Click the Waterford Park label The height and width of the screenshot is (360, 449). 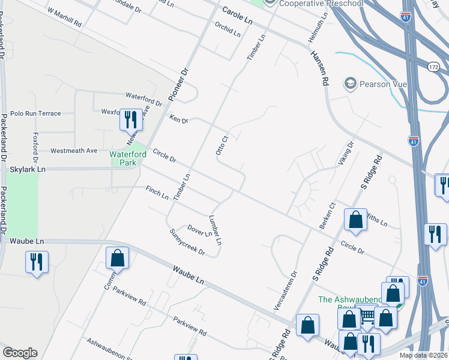[x=128, y=158]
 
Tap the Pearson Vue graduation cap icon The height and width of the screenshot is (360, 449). [x=350, y=83]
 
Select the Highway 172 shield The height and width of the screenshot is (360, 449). [x=434, y=67]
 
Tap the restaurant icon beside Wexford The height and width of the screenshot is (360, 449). [x=130, y=120]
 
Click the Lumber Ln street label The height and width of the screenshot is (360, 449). [x=215, y=230]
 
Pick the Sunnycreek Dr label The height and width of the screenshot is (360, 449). [x=187, y=242]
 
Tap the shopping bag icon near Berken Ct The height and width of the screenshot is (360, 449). [x=355, y=220]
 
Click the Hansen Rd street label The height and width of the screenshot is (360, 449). [x=319, y=67]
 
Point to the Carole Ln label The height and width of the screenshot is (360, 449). [x=237, y=15]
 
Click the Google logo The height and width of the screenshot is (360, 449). [x=20, y=353]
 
